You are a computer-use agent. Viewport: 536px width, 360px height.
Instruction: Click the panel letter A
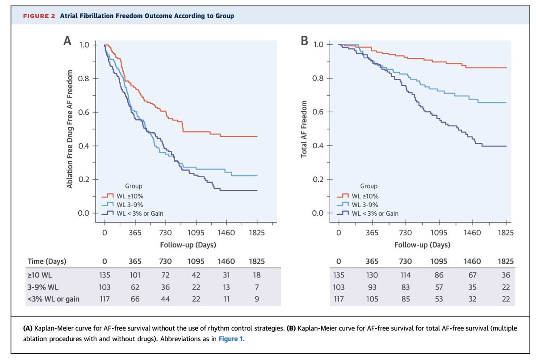point(67,42)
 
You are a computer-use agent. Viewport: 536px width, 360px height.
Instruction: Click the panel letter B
point(305,42)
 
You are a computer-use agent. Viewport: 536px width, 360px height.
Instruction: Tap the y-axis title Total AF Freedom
point(304,128)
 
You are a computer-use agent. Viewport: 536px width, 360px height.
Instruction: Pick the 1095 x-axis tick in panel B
point(440,233)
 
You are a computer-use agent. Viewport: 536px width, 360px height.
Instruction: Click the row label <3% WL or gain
point(53,299)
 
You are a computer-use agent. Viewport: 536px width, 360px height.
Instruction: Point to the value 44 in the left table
point(166,299)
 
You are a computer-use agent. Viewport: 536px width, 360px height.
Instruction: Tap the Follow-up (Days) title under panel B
point(422,245)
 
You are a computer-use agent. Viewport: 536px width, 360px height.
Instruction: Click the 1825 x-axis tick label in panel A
point(257,233)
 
